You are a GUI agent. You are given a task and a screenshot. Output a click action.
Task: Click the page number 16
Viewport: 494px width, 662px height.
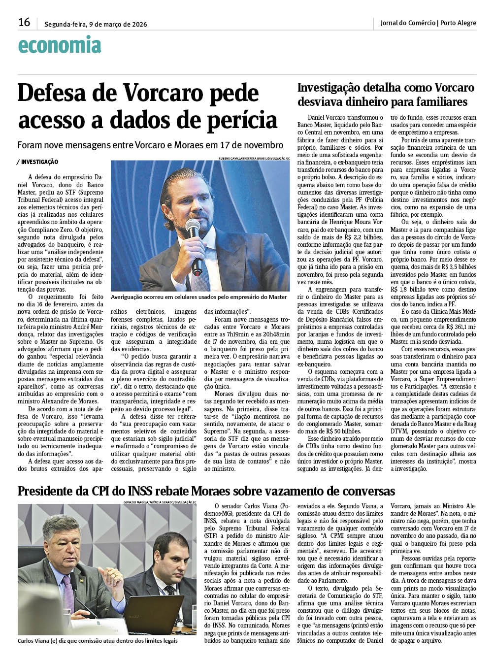point(24,22)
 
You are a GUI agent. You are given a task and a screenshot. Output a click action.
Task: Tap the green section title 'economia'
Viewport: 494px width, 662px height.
point(59,45)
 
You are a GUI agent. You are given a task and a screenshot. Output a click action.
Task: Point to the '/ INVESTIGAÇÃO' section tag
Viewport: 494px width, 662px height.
point(37,162)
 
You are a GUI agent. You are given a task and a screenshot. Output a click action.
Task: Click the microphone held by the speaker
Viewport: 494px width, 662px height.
point(194,241)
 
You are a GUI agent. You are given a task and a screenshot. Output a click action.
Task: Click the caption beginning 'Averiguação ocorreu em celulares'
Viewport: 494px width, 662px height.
point(198,297)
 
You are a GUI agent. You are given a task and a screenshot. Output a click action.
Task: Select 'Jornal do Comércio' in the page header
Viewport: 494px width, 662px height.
point(408,23)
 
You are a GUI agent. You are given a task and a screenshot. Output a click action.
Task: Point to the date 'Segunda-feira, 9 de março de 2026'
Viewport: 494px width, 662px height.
point(96,24)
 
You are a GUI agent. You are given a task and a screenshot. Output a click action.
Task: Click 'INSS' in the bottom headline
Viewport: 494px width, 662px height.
point(143,491)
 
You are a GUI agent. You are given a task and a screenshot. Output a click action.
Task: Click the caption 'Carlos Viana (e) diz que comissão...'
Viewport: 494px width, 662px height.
point(97,641)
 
